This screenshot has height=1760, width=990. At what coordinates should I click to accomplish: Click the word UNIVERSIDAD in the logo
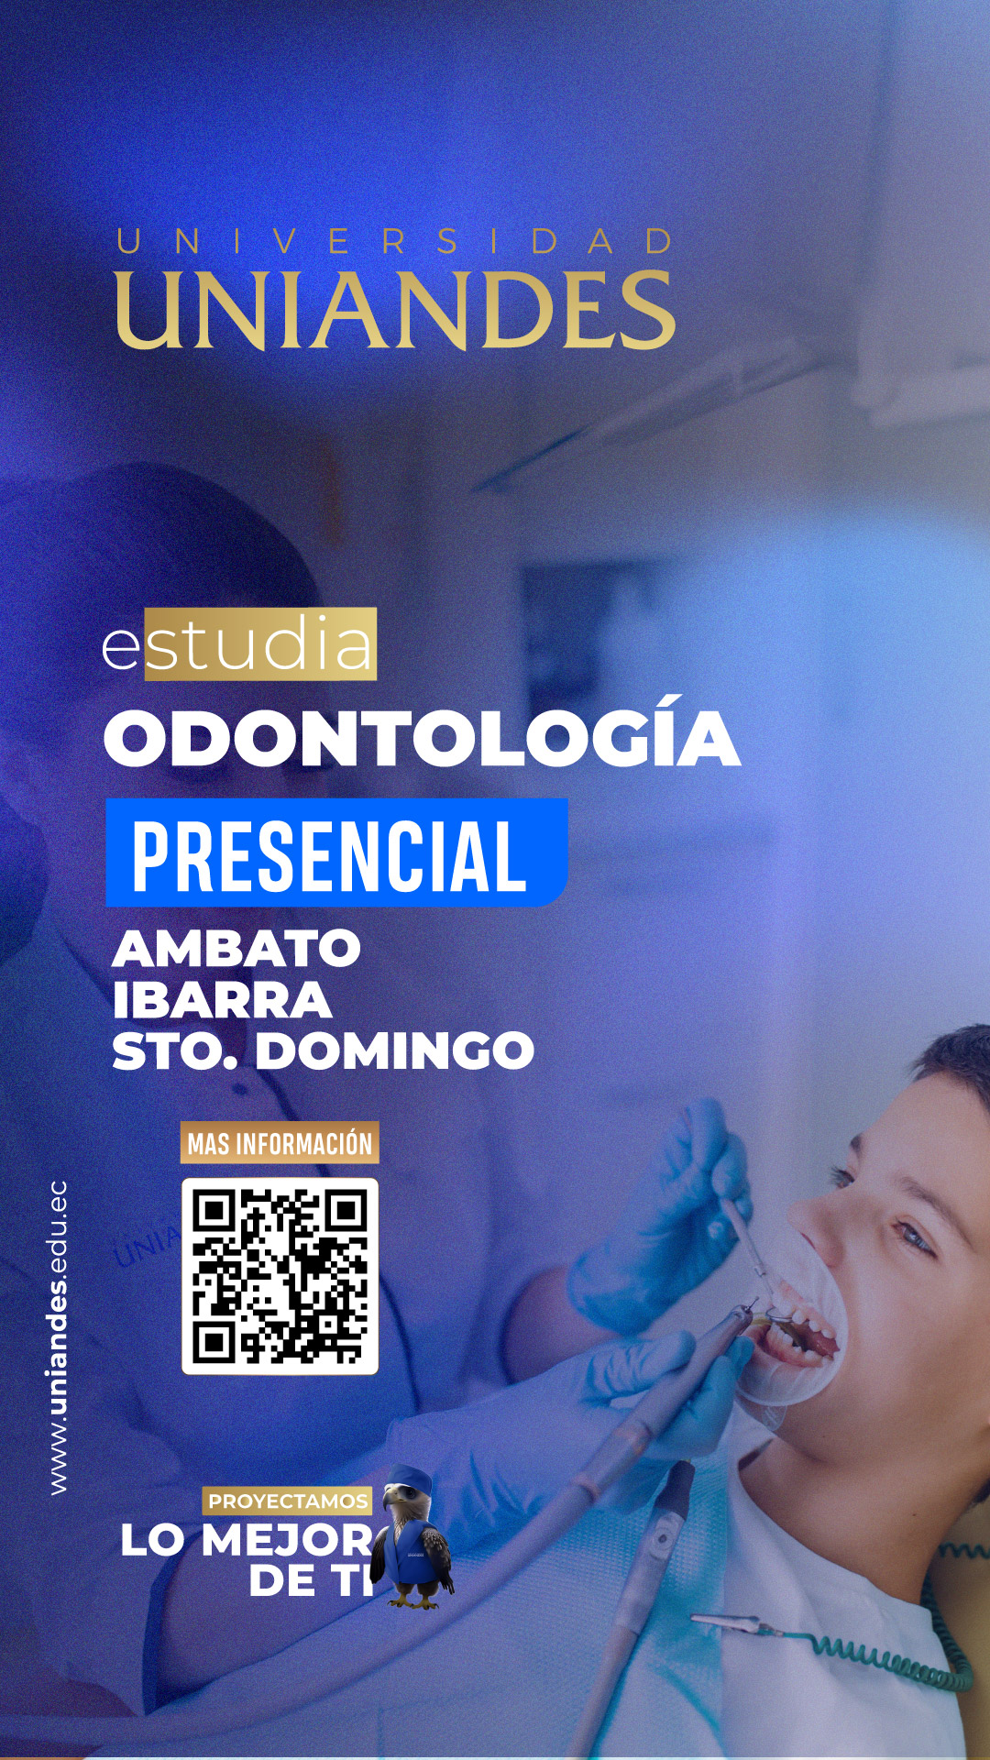(x=395, y=241)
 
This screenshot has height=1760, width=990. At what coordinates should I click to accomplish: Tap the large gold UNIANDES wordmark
(x=395, y=311)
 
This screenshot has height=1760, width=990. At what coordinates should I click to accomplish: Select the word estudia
(x=238, y=644)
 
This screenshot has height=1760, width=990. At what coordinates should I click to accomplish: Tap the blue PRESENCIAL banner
(x=336, y=852)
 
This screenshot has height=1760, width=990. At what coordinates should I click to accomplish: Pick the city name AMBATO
(x=236, y=948)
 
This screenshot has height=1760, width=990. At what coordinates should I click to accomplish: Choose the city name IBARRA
(x=222, y=1000)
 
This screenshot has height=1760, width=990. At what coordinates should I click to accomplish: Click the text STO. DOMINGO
(x=323, y=1050)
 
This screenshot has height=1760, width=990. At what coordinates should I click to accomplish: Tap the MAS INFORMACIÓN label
(x=280, y=1143)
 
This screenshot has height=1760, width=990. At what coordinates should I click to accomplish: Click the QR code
(x=280, y=1276)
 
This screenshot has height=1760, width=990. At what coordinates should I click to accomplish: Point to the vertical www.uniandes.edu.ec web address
(x=58, y=1337)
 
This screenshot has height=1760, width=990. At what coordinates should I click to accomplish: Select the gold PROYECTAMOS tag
(x=288, y=1501)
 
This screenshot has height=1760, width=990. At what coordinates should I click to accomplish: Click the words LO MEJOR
(x=246, y=1540)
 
